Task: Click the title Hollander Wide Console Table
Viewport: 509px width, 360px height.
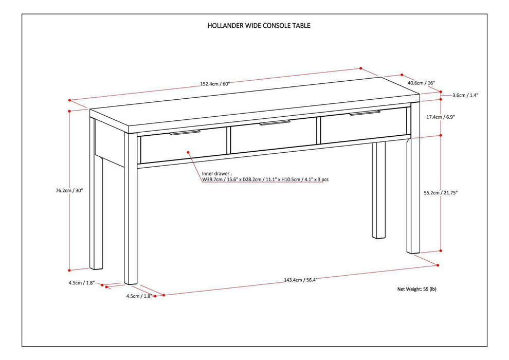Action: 259,25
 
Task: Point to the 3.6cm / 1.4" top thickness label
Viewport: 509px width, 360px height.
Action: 465,95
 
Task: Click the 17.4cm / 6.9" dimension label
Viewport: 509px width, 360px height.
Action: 440,117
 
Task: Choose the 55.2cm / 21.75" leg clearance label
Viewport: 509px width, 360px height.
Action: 440,193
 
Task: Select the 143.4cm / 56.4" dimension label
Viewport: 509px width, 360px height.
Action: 300,280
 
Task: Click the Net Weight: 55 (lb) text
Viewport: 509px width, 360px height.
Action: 416,290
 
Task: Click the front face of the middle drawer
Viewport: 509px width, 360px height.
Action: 272,137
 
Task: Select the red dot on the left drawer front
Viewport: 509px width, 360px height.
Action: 188,153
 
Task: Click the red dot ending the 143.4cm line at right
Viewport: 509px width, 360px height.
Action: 437,265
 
